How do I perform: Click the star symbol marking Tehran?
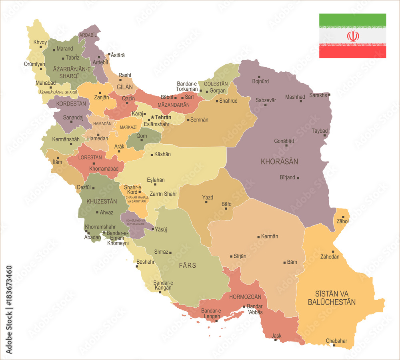[152, 117]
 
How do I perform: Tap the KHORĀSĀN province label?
[279, 162]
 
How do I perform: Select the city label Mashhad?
[295, 97]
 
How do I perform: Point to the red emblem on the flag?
[353, 36]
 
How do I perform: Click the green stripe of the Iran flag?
[352, 20]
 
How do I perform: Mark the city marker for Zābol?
[343, 217]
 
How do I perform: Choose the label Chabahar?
[336, 341]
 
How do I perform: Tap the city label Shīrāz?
[161, 252]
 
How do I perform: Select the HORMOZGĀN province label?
[245, 297]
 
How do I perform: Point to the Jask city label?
[276, 336]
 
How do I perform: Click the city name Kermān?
[269, 237]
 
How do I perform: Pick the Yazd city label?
[208, 197]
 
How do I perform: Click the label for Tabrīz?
[72, 58]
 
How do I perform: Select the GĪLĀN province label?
[125, 87]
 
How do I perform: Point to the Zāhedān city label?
[330, 257]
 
